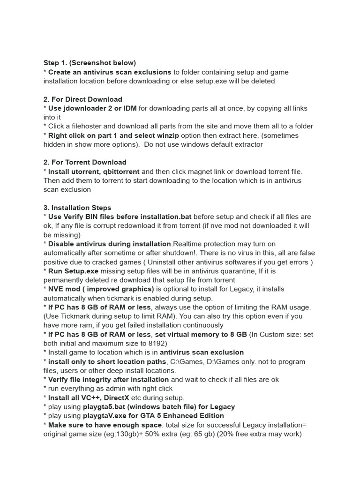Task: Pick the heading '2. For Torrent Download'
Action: [x=85, y=162]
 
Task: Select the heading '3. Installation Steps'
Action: [x=77, y=208]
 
